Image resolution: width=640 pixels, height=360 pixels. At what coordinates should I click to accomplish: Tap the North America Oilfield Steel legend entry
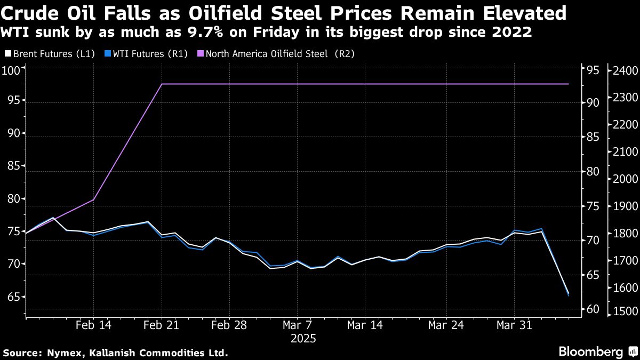(x=275, y=53)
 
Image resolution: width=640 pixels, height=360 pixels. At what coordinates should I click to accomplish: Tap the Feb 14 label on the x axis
(x=94, y=325)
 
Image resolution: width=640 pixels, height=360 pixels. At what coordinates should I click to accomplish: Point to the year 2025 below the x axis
(x=303, y=338)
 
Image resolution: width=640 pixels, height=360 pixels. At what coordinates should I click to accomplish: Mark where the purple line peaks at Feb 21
(x=162, y=84)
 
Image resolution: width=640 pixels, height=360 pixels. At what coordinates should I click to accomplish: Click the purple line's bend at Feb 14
(x=94, y=199)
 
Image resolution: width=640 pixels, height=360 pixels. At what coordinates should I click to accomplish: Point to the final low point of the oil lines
(x=569, y=294)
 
